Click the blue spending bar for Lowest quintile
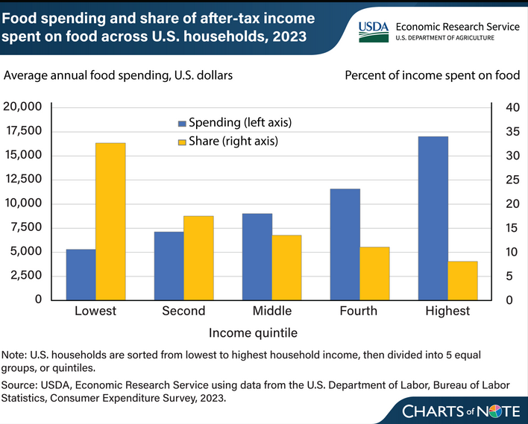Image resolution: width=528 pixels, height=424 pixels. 81,274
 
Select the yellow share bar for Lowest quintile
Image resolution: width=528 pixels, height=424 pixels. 110,221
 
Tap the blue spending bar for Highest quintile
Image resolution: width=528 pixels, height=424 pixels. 433,218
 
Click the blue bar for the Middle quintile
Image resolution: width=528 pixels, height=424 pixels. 257,256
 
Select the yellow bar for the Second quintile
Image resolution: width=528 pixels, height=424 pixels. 198,258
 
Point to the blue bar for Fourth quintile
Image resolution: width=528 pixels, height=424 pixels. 345,244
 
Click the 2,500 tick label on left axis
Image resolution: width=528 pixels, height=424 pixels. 26,276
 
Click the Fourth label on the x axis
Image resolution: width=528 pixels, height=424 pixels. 359,311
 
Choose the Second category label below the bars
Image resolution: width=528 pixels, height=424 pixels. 183,311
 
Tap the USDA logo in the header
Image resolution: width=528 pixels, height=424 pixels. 374,30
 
